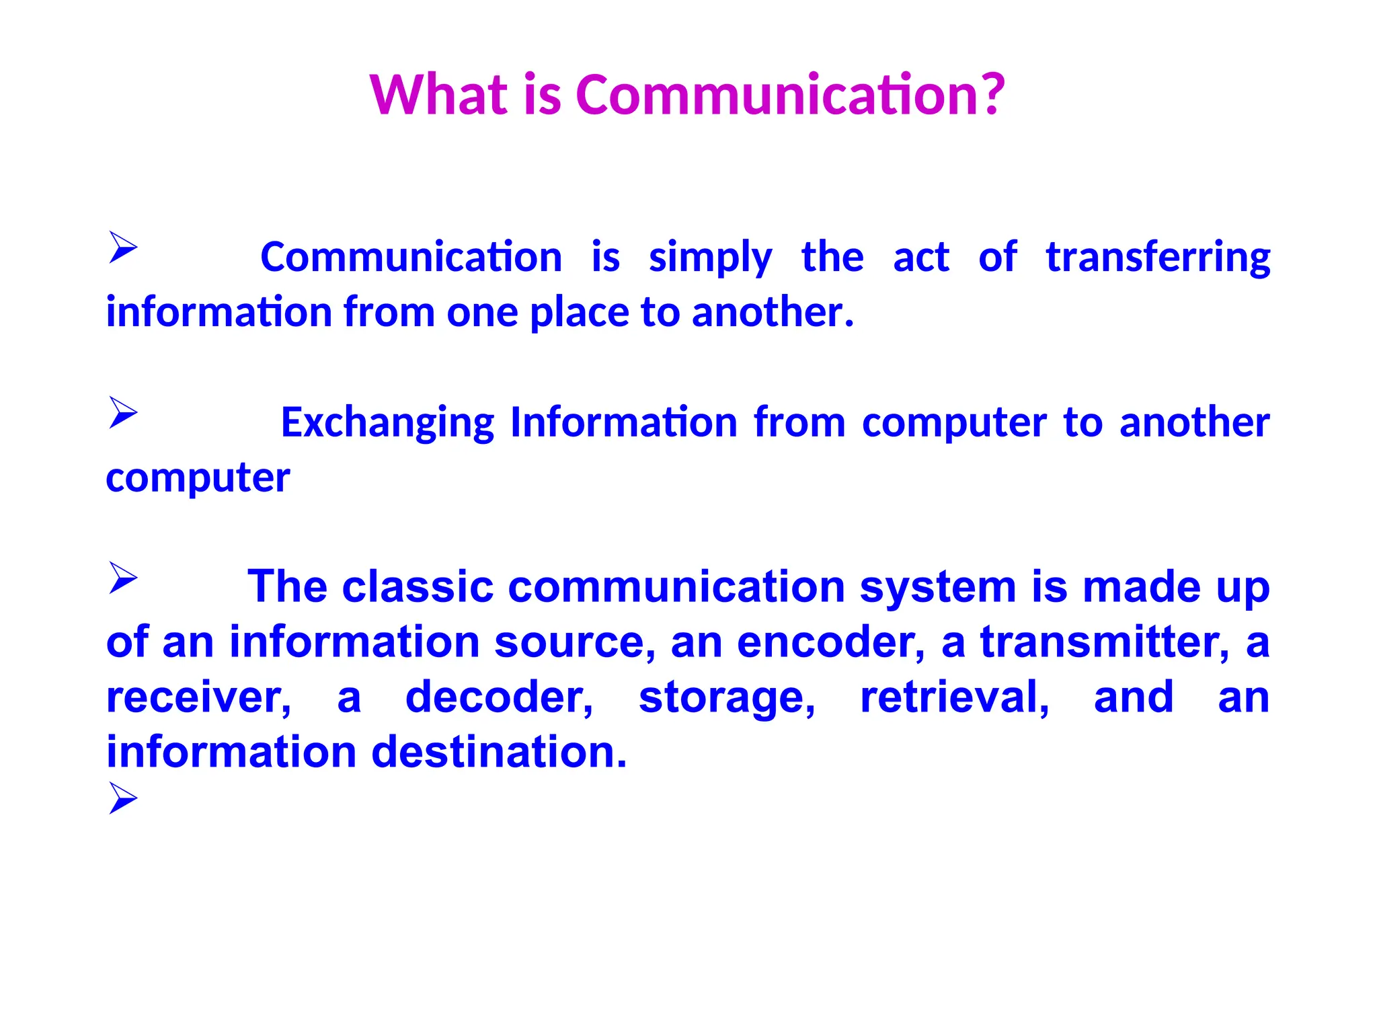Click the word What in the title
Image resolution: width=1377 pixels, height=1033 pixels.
pyautogui.click(x=438, y=95)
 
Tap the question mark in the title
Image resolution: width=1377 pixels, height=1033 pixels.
pyautogui.click(x=989, y=95)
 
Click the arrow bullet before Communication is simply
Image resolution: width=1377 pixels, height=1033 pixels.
pyautogui.click(x=123, y=247)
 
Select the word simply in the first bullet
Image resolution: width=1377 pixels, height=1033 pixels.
pyautogui.click(x=710, y=258)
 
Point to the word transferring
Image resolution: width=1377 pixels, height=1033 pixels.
pyautogui.click(x=1158, y=258)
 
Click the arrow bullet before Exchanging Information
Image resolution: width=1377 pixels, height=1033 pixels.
pyautogui.click(x=123, y=412)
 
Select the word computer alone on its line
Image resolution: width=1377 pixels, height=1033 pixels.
pyautogui.click(x=198, y=479)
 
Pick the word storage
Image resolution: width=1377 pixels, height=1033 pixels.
pyautogui.click(x=726, y=699)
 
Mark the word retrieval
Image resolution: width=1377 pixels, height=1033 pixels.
pyautogui.click(x=954, y=697)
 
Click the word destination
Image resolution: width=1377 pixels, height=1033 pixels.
pyautogui.click(x=498, y=752)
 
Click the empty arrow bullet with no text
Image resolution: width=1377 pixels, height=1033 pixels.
pyautogui.click(x=123, y=798)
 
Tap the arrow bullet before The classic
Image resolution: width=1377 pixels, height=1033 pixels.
pyautogui.click(x=123, y=578)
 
